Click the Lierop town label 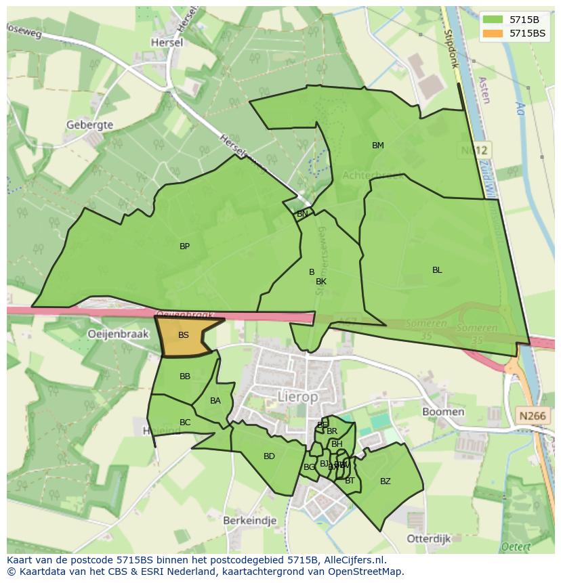(297, 397)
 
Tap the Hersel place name (167, 42)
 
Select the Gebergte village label (89, 125)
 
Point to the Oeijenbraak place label (118, 334)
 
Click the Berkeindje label (249, 520)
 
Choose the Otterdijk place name (430, 538)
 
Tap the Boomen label (443, 412)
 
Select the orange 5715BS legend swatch (493, 33)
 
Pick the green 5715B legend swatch (493, 20)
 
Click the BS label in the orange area (184, 335)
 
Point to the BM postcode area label (378, 146)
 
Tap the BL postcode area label (437, 269)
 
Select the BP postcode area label (184, 246)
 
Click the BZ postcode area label (386, 481)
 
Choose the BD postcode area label (269, 456)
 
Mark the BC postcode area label (185, 423)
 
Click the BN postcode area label (302, 214)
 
